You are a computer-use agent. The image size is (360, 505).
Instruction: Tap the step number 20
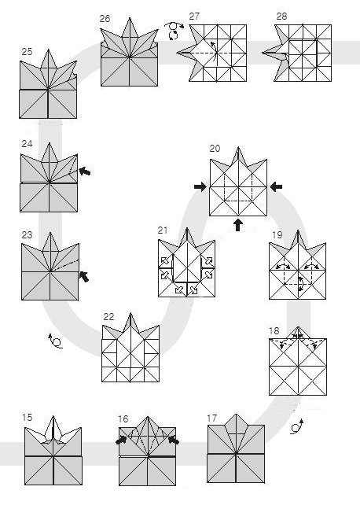point(215,148)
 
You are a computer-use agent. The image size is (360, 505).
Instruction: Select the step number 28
point(282,17)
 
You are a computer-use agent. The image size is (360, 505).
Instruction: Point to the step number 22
point(109,316)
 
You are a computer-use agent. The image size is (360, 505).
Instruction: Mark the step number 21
point(163,230)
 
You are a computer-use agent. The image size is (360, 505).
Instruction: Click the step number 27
point(195,17)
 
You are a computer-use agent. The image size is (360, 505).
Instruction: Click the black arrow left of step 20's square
point(198,186)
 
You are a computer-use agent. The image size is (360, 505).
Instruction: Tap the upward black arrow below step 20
point(238,227)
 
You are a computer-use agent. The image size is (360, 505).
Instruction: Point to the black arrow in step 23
point(83,275)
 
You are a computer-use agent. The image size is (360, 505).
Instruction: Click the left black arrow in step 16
point(122,441)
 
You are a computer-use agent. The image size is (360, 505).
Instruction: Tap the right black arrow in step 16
point(174,441)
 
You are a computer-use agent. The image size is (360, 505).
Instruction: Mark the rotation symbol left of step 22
point(53,341)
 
